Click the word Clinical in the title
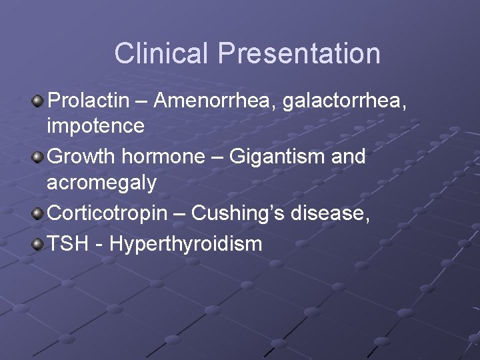[162, 53]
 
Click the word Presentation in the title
[299, 53]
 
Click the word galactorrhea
[344, 101]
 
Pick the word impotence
[95, 125]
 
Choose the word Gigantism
[276, 157]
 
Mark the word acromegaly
[101, 182]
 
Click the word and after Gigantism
[347, 157]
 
